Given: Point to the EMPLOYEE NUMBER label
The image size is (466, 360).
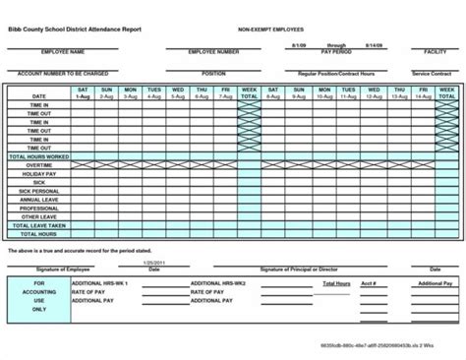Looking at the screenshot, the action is pos(213,51).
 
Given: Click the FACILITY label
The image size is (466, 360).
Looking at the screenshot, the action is pos(435,50).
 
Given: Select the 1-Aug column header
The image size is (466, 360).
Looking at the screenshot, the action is pos(84,96).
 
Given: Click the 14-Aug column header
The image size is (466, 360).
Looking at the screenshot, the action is pos(423,96).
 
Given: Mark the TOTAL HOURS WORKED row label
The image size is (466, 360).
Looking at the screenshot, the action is pos(37,156).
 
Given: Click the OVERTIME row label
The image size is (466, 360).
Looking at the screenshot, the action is pos(37,165).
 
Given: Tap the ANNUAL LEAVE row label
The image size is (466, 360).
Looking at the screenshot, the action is pos(37,200).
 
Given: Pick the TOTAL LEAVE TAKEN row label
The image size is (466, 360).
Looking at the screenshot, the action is pos(37,226).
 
